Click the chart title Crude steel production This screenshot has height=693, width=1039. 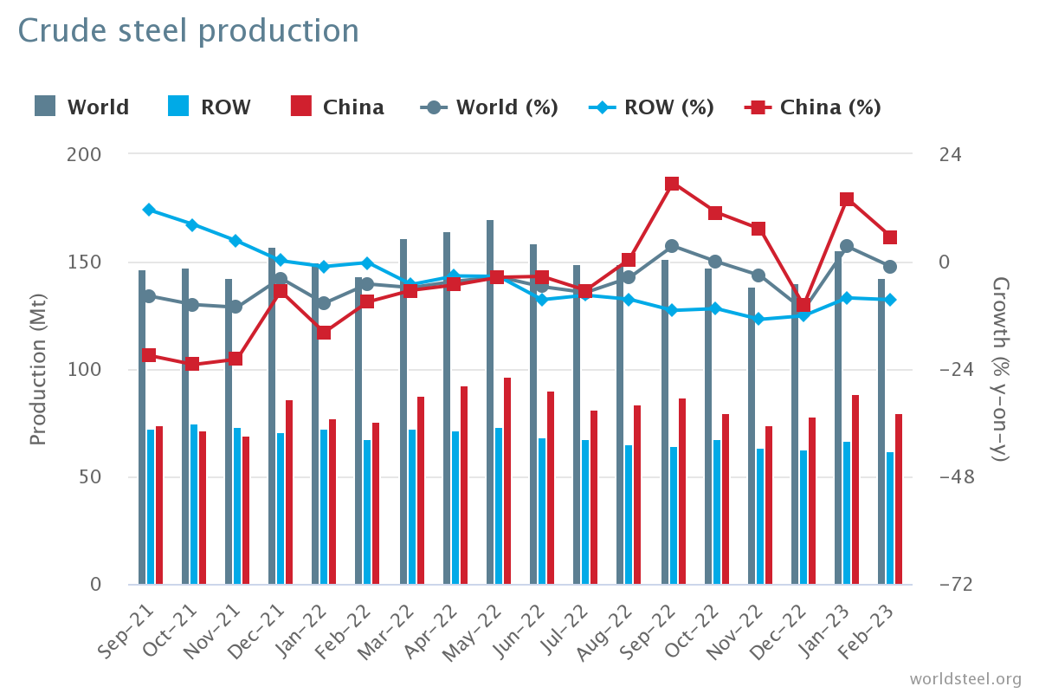click(188, 31)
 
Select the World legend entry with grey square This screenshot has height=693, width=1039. click(82, 107)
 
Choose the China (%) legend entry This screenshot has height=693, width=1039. click(813, 107)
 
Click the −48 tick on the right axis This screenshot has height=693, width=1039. click(956, 477)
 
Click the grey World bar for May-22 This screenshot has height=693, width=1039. click(490, 403)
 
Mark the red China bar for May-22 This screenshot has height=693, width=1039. click(507, 481)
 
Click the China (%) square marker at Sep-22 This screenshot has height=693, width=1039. click(672, 184)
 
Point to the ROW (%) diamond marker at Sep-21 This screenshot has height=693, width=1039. click(149, 210)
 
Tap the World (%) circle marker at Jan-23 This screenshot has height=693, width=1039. click(847, 246)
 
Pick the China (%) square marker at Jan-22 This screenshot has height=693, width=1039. click(324, 333)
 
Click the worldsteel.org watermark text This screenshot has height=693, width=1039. click(965, 678)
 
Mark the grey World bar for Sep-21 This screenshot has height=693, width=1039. click(142, 427)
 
